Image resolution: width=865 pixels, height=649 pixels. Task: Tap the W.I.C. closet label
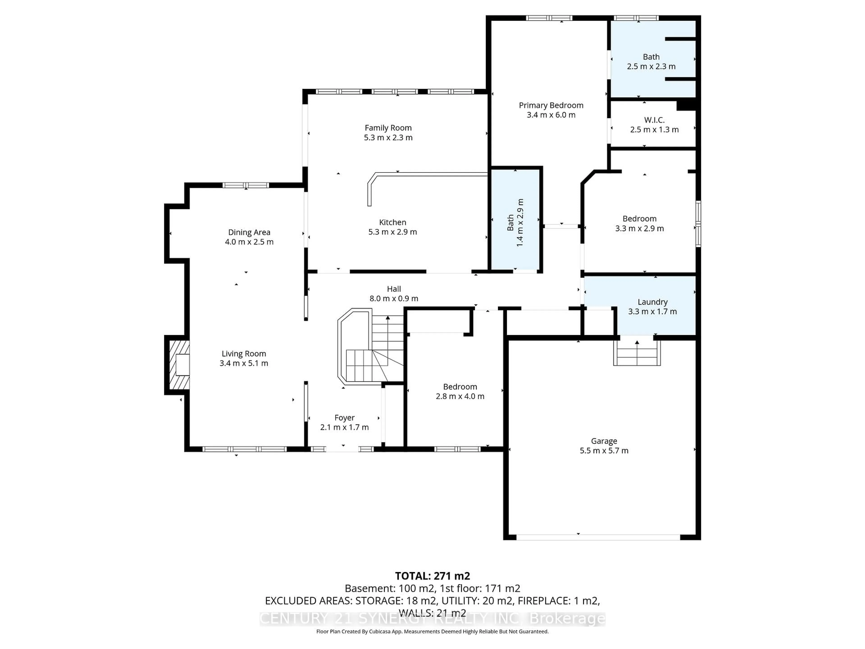pyautogui.click(x=654, y=120)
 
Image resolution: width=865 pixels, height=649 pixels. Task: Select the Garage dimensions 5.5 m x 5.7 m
pyautogui.click(x=604, y=451)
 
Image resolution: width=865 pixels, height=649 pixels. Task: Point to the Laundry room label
pyautogui.click(x=652, y=302)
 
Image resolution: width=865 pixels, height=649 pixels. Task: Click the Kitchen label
pyautogui.click(x=392, y=222)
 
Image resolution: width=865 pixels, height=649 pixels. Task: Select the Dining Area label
pyautogui.click(x=249, y=232)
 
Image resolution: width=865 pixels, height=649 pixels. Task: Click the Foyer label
pyautogui.click(x=344, y=418)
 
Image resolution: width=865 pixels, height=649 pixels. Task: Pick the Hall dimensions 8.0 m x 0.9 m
pyautogui.click(x=394, y=299)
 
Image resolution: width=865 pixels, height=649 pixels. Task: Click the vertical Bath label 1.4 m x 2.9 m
pyautogui.click(x=515, y=223)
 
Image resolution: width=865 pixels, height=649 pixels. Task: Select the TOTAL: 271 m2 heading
pyautogui.click(x=432, y=576)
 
